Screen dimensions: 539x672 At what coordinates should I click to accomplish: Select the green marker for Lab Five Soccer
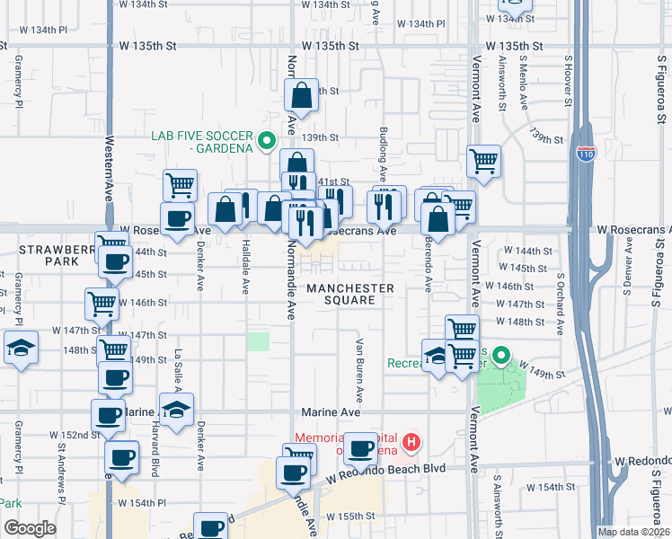(x=267, y=141)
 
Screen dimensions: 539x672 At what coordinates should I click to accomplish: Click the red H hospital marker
(x=411, y=442)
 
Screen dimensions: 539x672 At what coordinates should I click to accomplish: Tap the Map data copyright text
(x=633, y=532)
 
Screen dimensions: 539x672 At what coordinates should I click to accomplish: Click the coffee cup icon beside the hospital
(x=361, y=448)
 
